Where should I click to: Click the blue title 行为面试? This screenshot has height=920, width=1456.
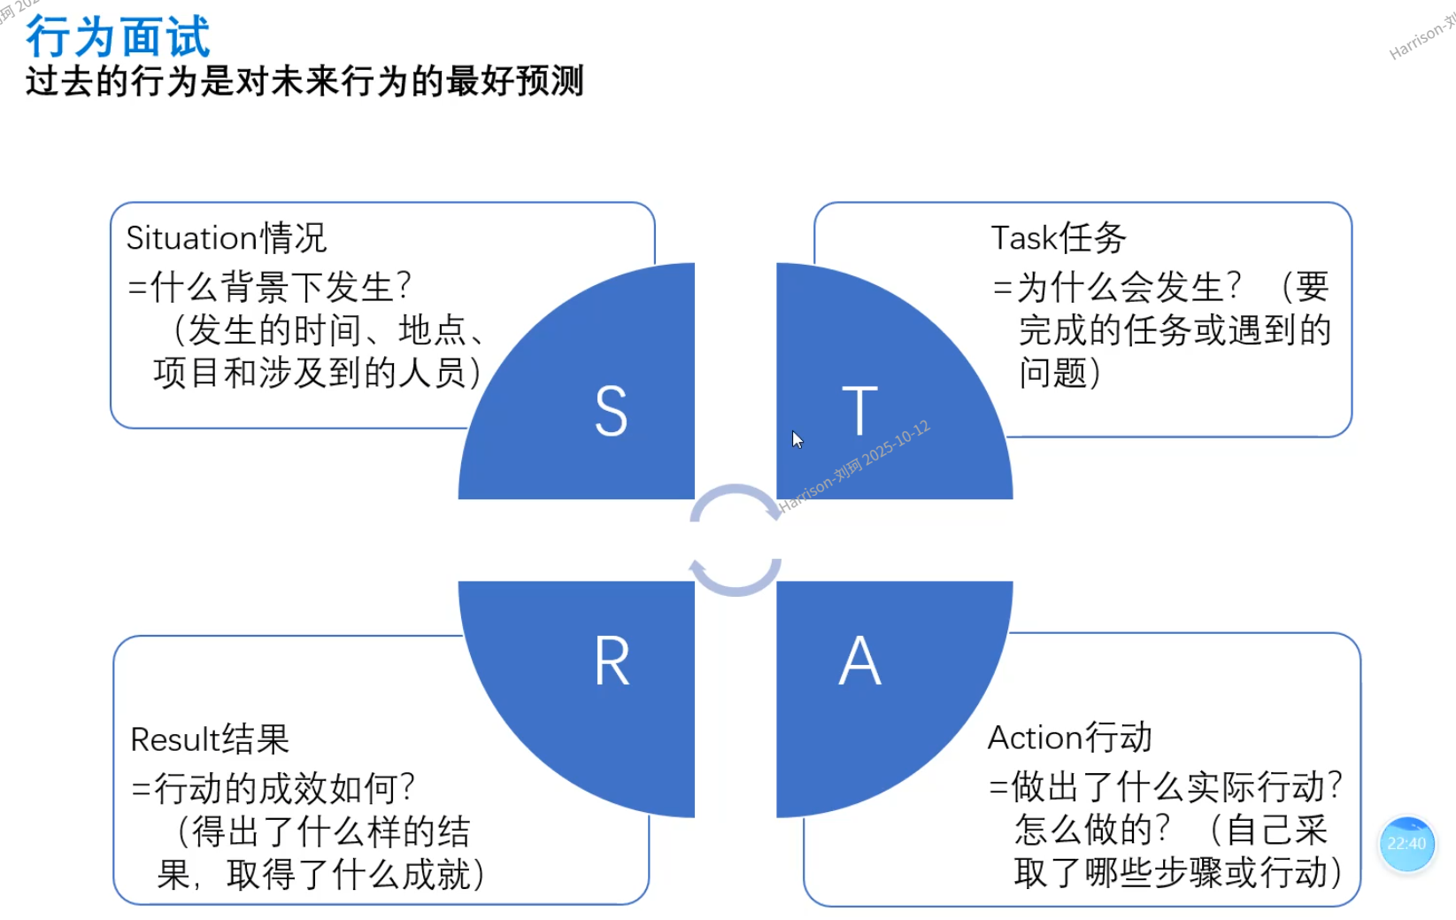click(118, 37)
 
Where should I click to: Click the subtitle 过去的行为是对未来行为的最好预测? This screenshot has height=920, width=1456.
click(304, 81)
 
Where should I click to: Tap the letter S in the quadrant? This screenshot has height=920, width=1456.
click(611, 412)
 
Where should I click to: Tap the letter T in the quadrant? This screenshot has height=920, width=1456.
click(859, 411)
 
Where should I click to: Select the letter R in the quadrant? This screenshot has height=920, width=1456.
click(612, 661)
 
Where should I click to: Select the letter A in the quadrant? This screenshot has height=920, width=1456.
click(859, 661)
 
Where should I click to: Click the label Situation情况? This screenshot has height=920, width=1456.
click(227, 238)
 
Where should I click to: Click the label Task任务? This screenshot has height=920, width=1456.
click(1058, 238)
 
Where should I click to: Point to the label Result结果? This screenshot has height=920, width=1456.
click(210, 739)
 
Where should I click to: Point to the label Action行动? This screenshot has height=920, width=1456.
click(1069, 738)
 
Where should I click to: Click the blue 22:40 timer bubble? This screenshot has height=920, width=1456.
click(1406, 844)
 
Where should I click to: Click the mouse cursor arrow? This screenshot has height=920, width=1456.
click(797, 440)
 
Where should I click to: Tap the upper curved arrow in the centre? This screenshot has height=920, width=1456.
click(735, 500)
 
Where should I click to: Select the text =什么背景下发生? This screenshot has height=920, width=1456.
click(270, 287)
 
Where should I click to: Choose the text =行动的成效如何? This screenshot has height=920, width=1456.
click(273, 787)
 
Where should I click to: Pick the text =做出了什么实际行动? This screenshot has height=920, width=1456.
click(1166, 786)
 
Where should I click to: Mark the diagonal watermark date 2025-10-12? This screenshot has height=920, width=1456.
click(896, 442)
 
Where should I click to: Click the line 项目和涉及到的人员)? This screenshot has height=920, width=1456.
click(317, 373)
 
